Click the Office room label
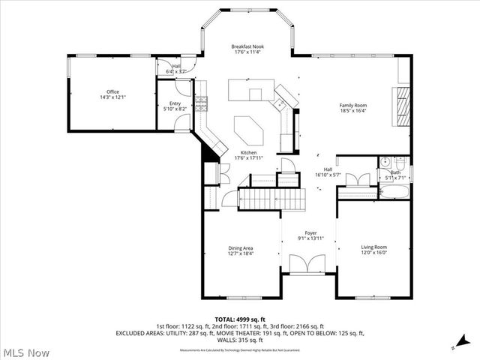tap(113, 92)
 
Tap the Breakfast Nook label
tap(247, 46)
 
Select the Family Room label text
tap(352, 105)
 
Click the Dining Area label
tap(241, 247)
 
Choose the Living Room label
tap(374, 247)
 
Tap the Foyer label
tap(310, 233)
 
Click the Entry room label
tap(174, 103)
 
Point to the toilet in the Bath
tap(401, 161)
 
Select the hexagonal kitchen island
tap(249, 131)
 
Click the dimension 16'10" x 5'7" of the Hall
tap(328, 175)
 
